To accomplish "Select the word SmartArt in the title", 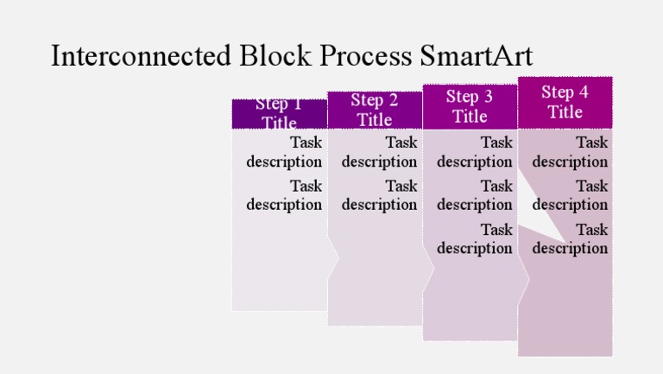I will click(x=477, y=56).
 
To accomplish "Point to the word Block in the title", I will click(x=275, y=56).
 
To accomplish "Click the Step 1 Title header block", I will click(x=280, y=113).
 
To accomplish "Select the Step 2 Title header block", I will click(x=375, y=110).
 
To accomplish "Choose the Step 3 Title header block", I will click(x=470, y=105).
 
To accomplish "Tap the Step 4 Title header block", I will click(x=565, y=102).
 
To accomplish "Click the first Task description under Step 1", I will click(x=284, y=152).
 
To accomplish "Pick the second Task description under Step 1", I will click(x=284, y=195).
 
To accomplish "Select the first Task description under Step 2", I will click(x=379, y=152).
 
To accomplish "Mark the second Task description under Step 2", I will click(x=379, y=195).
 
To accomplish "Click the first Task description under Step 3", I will click(x=475, y=152).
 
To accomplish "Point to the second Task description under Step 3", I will click(x=475, y=195).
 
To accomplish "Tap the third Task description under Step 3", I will click(x=475, y=239).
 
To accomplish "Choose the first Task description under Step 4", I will click(x=570, y=152).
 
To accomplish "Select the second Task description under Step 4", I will click(x=570, y=195).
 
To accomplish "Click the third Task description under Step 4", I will click(x=570, y=239).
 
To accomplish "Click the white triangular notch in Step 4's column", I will click(x=535, y=216).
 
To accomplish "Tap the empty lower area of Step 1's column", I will click(x=280, y=268).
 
